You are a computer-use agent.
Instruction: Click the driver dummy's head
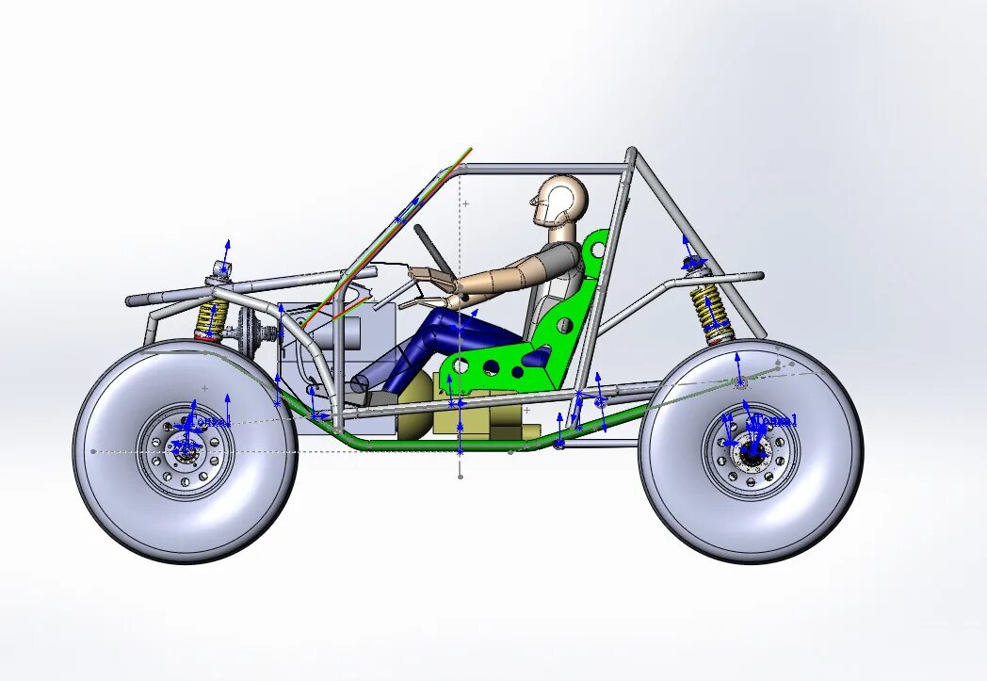(x=561, y=200)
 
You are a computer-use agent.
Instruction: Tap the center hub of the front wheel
(x=186, y=451)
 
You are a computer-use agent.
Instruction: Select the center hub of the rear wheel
(x=752, y=450)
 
